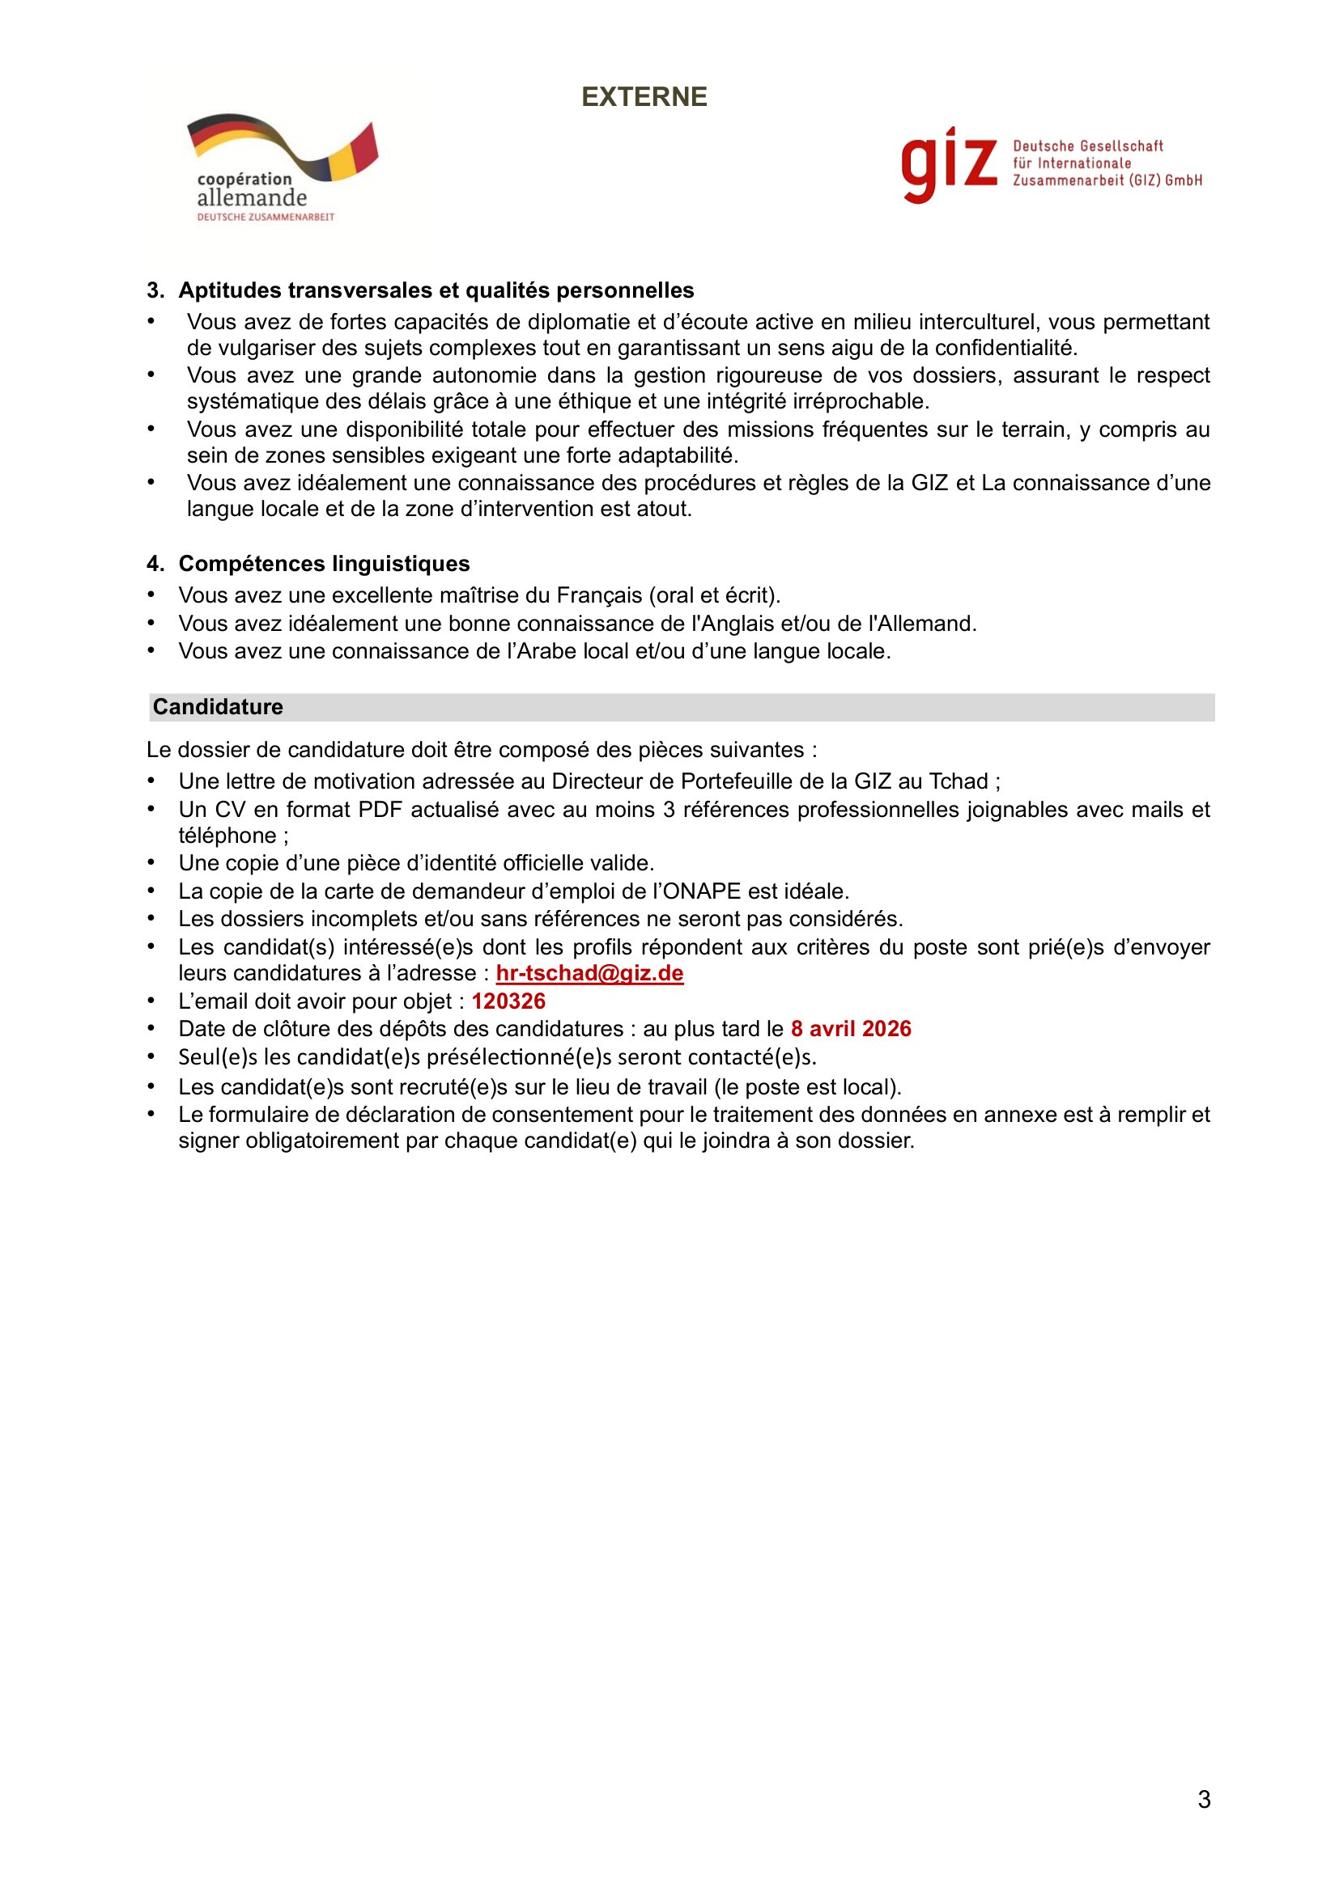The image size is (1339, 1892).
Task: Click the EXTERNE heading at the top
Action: click(644, 97)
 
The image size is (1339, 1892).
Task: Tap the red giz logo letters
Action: click(949, 164)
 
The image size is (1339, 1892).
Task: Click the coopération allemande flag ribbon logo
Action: click(282, 148)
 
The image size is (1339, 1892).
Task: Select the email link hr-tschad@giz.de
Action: click(589, 973)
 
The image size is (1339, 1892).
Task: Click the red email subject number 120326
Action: click(508, 1001)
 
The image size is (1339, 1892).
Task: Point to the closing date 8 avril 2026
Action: click(851, 1029)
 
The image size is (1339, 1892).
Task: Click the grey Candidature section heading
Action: click(218, 707)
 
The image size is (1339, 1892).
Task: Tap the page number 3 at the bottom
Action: click(1204, 1800)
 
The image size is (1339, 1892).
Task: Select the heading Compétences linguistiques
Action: click(324, 564)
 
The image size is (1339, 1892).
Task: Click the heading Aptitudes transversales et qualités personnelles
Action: click(436, 290)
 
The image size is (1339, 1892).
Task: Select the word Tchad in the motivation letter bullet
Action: click(958, 781)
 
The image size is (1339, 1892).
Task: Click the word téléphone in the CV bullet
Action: click(227, 836)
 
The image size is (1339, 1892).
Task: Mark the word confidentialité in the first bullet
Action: click(1006, 348)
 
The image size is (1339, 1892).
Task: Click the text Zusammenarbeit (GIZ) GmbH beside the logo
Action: click(1107, 180)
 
